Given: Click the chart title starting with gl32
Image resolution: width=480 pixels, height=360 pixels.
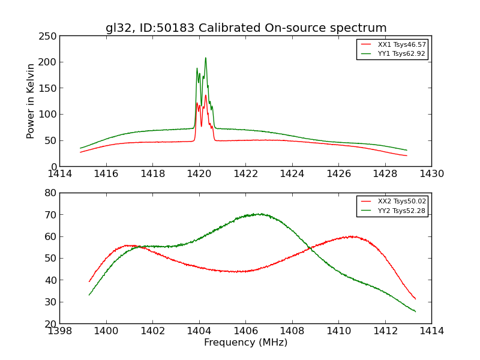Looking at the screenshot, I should click(x=246, y=28).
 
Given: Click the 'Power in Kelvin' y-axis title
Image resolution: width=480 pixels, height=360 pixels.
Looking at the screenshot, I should click(x=31, y=101).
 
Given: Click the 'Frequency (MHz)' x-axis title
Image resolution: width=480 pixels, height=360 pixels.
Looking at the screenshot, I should click(x=245, y=343).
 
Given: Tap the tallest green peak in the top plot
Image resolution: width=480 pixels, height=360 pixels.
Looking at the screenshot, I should click(x=205, y=58).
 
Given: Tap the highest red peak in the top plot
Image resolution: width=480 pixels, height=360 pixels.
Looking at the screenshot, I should click(x=205, y=95).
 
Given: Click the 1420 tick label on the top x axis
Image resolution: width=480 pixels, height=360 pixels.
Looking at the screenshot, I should click(x=199, y=174).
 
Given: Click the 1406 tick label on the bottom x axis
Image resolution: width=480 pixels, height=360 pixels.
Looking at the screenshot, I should click(x=245, y=331).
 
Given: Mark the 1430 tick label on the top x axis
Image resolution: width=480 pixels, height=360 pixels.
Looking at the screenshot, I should click(x=431, y=174).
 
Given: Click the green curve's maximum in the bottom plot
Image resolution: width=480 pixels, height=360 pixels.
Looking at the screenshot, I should click(x=259, y=214).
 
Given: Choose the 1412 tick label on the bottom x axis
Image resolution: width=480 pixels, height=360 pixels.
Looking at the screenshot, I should click(x=385, y=331).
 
